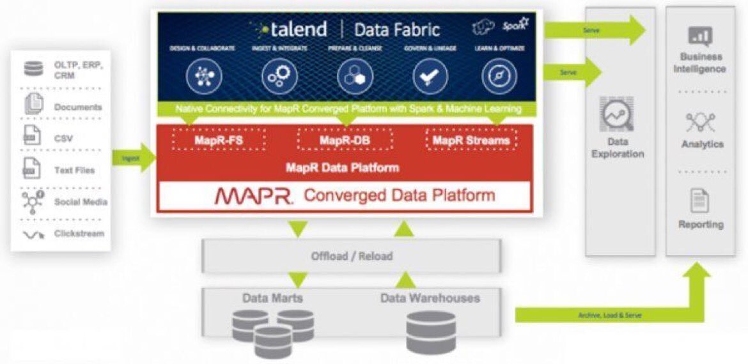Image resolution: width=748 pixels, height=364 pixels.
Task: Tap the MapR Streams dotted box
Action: (x=471, y=140)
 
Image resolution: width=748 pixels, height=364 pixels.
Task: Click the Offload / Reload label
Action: (x=352, y=256)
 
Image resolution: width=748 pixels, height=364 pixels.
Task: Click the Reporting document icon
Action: (x=699, y=201)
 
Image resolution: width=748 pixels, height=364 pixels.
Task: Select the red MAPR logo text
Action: (x=254, y=195)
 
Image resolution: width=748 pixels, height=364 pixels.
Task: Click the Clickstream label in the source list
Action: (x=79, y=234)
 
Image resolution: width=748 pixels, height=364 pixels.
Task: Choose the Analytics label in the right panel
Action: (x=702, y=144)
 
